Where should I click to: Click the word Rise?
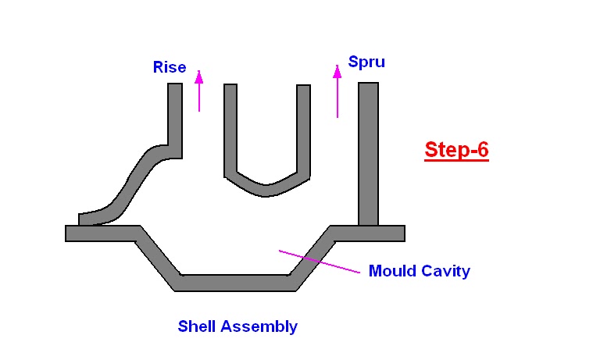pyautogui.click(x=170, y=67)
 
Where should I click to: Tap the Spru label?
pyautogui.click(x=366, y=60)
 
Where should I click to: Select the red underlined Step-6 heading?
pyautogui.click(x=456, y=149)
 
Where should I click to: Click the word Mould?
pyautogui.click(x=393, y=271)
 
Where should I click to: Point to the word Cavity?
pyautogui.click(x=445, y=271)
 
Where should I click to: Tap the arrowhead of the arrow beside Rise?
pyautogui.click(x=199, y=77)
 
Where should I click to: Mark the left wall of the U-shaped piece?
pyautogui.click(x=230, y=129)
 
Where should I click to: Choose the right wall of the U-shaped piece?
pyautogui.click(x=304, y=129)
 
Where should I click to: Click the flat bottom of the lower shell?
pyautogui.click(x=234, y=283)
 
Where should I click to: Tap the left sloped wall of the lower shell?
pyautogui.click(x=156, y=258)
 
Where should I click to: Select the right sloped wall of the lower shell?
pyautogui.click(x=313, y=258)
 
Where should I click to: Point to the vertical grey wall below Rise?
pyautogui.click(x=175, y=113)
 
